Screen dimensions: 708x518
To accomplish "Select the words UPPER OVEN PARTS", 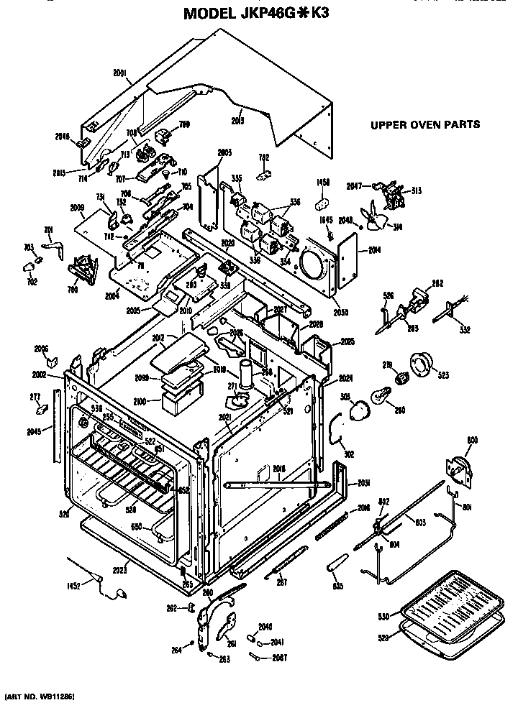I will click(x=424, y=124).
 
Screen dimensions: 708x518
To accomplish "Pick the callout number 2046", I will click(x=62, y=136).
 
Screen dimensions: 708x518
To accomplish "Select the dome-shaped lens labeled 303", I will click(x=358, y=411).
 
